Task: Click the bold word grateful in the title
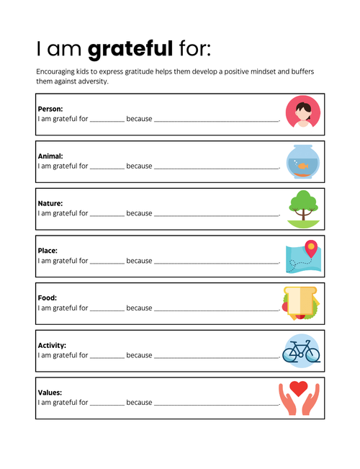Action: (x=130, y=49)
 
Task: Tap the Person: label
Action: (x=50, y=109)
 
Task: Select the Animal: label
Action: (x=50, y=156)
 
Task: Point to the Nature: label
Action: (x=50, y=203)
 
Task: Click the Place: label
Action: (x=48, y=251)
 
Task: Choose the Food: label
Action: (x=47, y=298)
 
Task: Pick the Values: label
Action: (x=50, y=393)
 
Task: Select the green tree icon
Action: (x=302, y=204)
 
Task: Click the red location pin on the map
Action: (x=310, y=249)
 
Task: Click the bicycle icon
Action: (x=301, y=351)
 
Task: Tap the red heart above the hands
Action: (x=299, y=389)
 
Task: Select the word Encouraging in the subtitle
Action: (x=58, y=72)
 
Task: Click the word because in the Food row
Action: (x=139, y=308)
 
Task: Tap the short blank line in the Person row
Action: (x=107, y=120)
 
